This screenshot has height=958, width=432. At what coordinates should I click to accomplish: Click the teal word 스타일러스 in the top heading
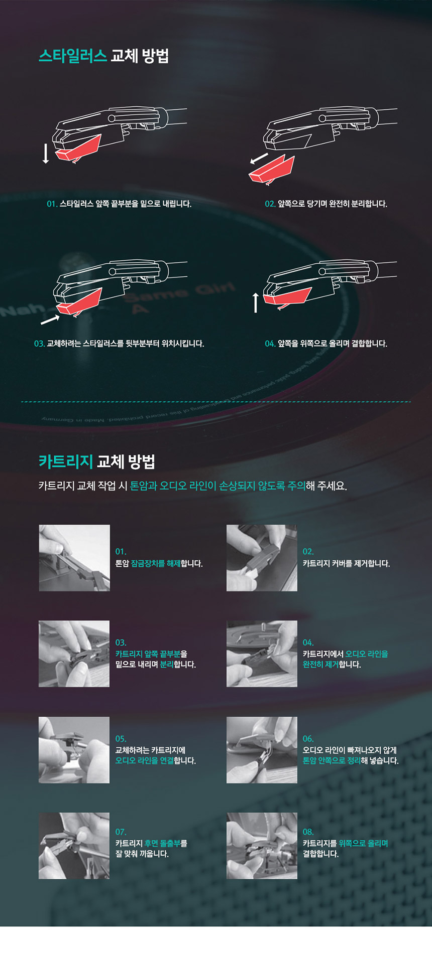point(73,56)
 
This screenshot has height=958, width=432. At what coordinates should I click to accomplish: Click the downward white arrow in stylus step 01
point(46,153)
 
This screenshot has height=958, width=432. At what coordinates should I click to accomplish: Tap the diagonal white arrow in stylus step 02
point(259,159)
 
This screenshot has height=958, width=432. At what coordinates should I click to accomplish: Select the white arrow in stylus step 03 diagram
point(50,319)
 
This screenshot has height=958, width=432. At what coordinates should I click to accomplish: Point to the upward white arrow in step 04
point(256,303)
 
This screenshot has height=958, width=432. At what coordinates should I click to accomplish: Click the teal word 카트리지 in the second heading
point(66,461)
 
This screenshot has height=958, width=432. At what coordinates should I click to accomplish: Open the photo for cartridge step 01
point(74,558)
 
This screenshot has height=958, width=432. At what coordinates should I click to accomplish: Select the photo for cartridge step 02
point(262,558)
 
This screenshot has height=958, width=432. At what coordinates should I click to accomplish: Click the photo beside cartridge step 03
point(74,654)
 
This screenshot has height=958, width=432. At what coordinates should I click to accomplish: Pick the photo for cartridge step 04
point(262,654)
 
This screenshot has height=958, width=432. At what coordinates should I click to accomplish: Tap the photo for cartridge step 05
point(74,750)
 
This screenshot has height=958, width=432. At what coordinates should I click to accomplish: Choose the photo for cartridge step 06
point(262,750)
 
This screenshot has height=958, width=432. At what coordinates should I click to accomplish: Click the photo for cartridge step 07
point(74,846)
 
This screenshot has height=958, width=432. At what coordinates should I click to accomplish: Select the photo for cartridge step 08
point(262,846)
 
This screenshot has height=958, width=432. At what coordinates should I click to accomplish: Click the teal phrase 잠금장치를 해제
point(156,564)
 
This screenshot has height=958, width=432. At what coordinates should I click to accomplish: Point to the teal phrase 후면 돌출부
point(162,843)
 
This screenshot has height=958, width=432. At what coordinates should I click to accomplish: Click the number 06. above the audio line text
point(308,739)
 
